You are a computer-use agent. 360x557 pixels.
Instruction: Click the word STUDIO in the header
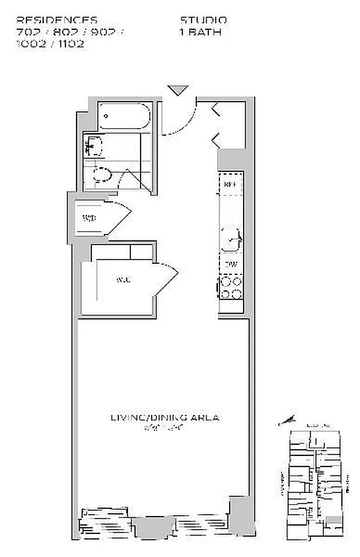(203, 20)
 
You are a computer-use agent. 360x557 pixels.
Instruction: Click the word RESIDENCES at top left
(56, 20)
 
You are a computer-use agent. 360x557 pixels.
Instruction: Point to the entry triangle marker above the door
(178, 90)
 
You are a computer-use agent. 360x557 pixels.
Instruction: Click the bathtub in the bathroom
(123, 116)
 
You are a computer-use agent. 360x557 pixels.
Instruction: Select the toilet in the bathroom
(102, 175)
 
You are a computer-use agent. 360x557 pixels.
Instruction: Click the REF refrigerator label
(231, 185)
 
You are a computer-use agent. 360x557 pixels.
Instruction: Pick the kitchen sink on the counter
(231, 239)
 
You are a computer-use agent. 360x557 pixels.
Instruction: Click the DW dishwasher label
(231, 264)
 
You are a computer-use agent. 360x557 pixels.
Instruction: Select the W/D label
(89, 219)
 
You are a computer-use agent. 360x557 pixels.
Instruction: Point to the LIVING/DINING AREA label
(165, 418)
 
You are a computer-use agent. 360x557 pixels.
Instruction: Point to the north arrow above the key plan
(286, 421)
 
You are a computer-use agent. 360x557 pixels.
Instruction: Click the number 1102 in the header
(72, 42)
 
